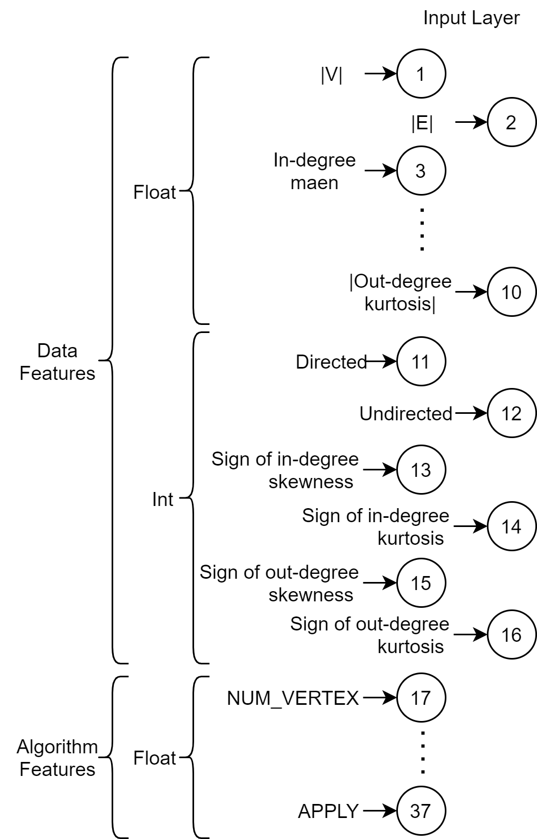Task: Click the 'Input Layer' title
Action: [x=471, y=18]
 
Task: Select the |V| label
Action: [x=332, y=74]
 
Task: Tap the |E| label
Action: [x=422, y=123]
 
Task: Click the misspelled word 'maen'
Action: [x=315, y=183]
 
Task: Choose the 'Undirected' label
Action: [x=406, y=413]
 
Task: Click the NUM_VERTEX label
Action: [x=293, y=698]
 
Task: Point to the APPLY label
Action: [x=329, y=812]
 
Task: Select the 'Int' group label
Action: [x=163, y=500]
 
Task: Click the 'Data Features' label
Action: [x=57, y=362]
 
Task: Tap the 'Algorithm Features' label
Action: [x=57, y=758]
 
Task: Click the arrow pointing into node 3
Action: [x=381, y=170]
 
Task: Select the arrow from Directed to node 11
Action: [x=381, y=362]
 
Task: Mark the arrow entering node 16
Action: [x=471, y=634]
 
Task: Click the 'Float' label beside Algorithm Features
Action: [x=154, y=758]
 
